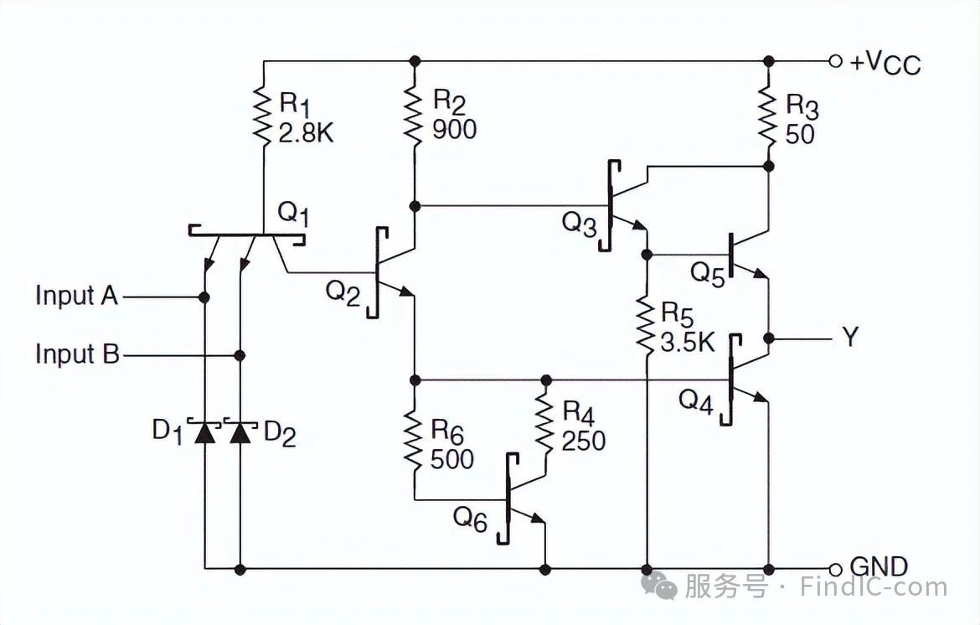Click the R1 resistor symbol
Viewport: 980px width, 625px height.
click(262, 116)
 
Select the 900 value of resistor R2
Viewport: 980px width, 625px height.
click(454, 129)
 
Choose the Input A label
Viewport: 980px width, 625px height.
click(77, 296)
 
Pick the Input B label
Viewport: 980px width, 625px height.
click(77, 354)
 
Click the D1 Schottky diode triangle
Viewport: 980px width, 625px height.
click(204, 432)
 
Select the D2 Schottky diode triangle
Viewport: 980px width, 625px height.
click(240, 432)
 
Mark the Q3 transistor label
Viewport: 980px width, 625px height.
click(580, 223)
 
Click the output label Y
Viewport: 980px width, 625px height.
click(850, 337)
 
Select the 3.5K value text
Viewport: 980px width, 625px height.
click(688, 342)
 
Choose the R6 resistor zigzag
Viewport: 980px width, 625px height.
click(413, 441)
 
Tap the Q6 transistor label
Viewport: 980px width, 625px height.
click(469, 519)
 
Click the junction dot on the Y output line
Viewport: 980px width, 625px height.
click(769, 338)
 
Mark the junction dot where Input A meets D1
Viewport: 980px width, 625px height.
click(204, 297)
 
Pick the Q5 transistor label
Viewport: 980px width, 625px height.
click(708, 273)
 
